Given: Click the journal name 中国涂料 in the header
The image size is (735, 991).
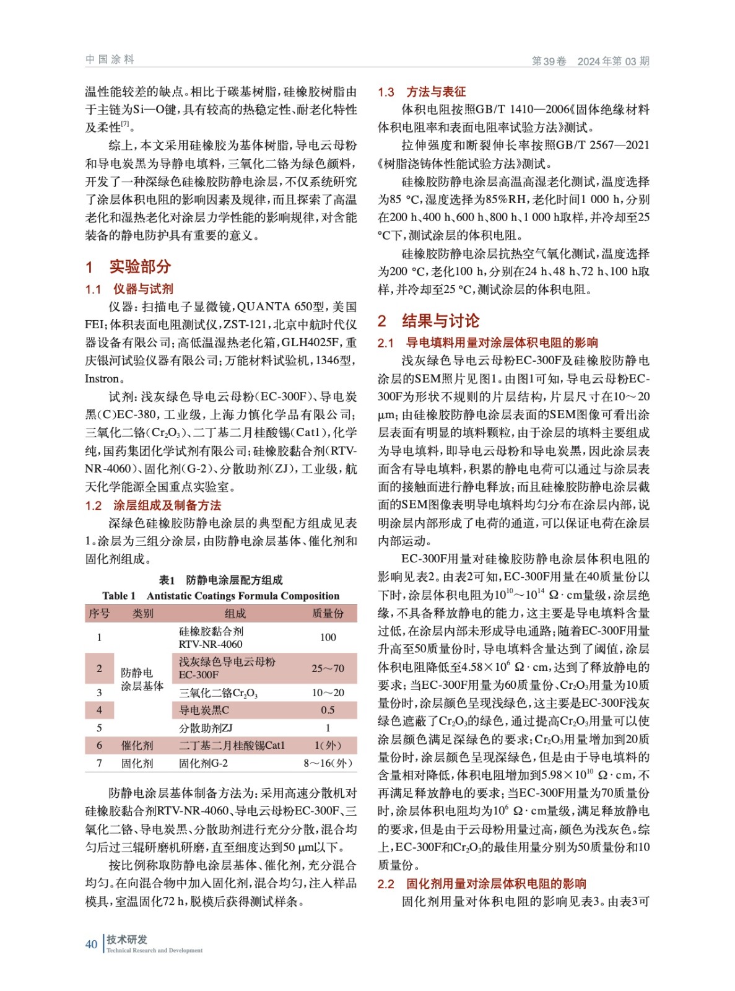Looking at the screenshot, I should (110, 59).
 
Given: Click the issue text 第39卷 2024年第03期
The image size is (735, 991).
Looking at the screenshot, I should (590, 61).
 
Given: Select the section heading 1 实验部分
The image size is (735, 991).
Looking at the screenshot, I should (128, 266).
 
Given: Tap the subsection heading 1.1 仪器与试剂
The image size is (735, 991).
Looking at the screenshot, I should (129, 289).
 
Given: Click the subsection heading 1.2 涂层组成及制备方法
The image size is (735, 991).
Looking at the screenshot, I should (153, 505).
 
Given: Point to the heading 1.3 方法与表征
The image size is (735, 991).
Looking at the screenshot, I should (422, 92).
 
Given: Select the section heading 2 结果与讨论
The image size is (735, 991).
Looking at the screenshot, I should (428, 321).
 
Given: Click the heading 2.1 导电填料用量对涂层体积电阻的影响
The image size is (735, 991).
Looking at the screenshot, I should (488, 343).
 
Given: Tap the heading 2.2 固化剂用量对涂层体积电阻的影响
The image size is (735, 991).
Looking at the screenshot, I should (482, 884).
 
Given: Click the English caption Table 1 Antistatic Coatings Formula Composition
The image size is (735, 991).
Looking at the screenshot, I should (221, 596).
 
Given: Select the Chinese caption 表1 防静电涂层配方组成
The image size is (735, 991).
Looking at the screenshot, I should (221, 580).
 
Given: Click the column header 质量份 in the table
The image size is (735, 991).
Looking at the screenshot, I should (328, 613).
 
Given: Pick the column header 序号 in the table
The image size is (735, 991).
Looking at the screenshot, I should (99, 613).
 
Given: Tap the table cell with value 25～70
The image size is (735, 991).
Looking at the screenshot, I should (328, 668).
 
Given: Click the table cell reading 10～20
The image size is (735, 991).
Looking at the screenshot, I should (328, 692).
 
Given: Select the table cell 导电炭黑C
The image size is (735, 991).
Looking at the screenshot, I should (204, 710).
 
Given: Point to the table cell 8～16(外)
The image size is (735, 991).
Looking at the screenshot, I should (328, 763).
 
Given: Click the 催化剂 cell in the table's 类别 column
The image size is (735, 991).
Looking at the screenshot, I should (136, 745).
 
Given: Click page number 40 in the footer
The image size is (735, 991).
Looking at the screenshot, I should (91, 944).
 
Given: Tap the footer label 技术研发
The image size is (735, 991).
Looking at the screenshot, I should (127, 939).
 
